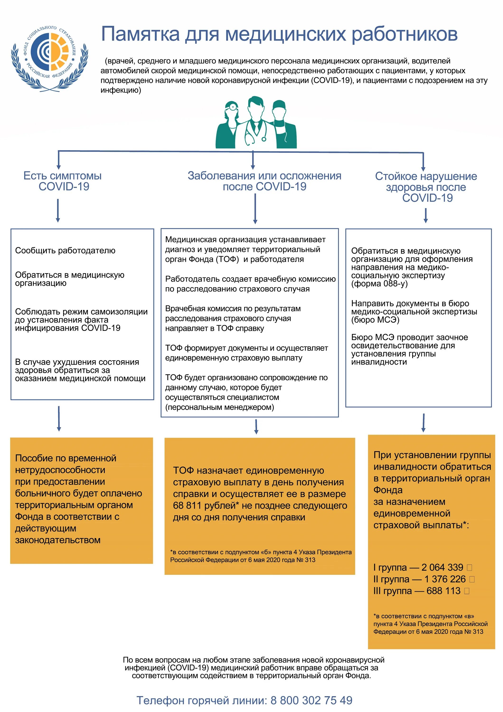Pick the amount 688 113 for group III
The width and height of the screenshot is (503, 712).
tap(443, 591)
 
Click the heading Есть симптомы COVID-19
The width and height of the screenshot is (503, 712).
tap(63, 181)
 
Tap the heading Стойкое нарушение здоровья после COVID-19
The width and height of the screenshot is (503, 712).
tap(426, 187)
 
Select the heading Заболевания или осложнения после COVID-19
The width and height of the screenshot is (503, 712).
tap(264, 181)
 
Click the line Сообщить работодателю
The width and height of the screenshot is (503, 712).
tap(65, 251)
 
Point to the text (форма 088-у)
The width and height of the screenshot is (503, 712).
tap(379, 284)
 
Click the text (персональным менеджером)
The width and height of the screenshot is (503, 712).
tap(220, 407)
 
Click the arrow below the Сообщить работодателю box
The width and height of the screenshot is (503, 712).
tap(59, 418)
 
